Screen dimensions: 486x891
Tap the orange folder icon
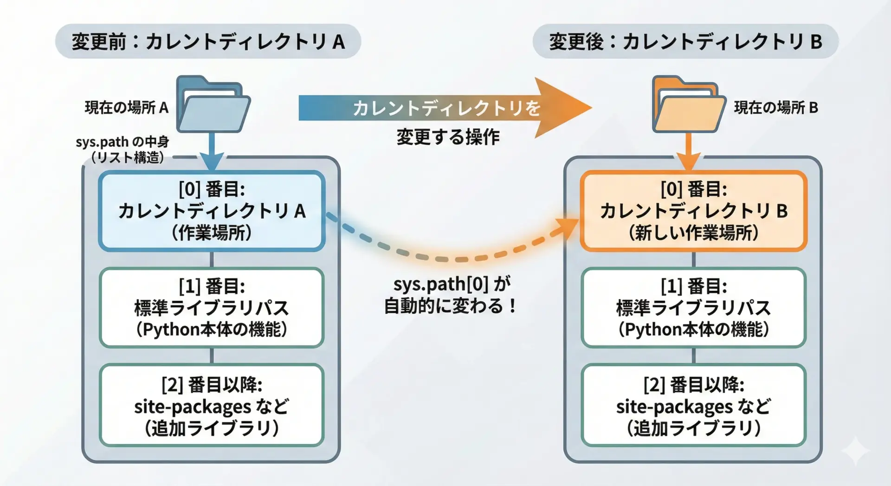(689, 105)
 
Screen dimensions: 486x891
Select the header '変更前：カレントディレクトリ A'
(208, 42)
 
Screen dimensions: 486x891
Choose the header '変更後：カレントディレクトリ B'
(685, 42)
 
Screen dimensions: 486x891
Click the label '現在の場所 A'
(126, 108)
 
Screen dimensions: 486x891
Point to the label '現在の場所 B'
(775, 108)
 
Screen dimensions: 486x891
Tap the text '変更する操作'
(448, 137)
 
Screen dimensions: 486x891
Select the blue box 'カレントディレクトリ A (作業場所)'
(212, 211)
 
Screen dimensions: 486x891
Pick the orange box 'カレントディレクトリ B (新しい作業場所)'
(693, 211)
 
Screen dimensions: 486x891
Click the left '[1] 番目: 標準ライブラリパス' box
(212, 308)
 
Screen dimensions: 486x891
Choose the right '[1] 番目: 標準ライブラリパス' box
(693, 308)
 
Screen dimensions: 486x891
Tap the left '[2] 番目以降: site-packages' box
(212, 405)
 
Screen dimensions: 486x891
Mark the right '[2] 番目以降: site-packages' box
(693, 405)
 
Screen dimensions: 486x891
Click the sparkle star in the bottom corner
(855, 451)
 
